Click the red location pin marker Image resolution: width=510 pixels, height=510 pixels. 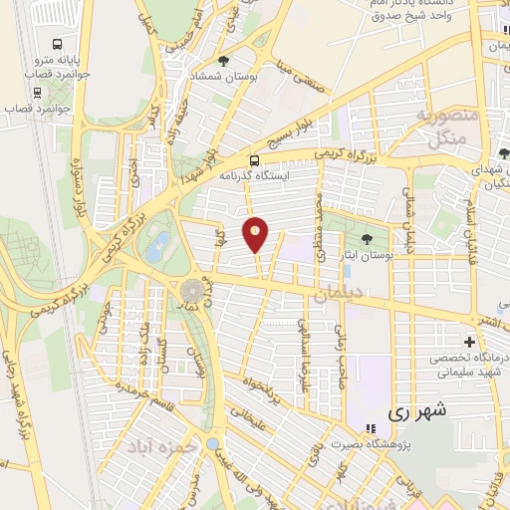pyautogui.click(x=256, y=234)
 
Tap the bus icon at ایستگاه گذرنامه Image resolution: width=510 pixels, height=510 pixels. pyautogui.click(x=255, y=159)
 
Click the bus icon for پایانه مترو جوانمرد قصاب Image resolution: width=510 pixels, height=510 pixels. pyautogui.click(x=56, y=45)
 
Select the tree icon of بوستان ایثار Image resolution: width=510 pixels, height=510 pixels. pyautogui.click(x=369, y=239)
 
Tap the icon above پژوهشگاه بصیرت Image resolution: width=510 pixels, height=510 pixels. pyautogui.click(x=370, y=428)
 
